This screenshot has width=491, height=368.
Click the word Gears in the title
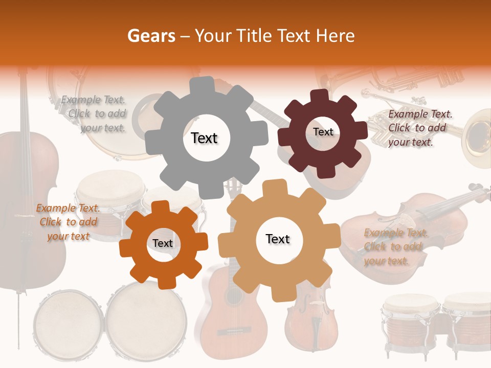pos(151,35)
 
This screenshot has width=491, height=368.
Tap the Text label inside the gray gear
pos(204,138)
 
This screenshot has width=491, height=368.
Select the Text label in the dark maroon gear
pos(323,132)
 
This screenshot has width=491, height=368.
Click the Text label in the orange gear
pos(163,243)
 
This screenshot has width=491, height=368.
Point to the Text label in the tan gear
pos(278,239)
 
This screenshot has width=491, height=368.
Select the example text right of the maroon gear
pos(419,128)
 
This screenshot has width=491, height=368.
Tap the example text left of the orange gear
pos(68,222)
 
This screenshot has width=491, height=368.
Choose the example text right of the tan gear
pos(395,247)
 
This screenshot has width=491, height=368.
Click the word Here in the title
pos(336,35)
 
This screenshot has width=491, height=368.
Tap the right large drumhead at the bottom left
pos(146,319)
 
